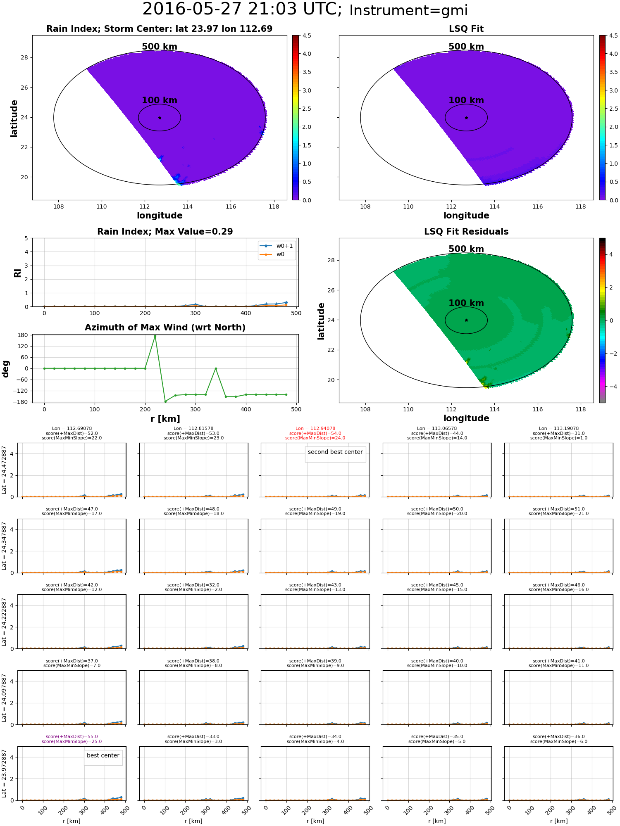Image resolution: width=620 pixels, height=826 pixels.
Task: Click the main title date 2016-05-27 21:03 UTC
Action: (x=242, y=9)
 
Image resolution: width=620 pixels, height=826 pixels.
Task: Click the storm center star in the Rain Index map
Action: (x=160, y=118)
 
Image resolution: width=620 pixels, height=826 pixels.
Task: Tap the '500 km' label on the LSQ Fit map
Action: (x=466, y=47)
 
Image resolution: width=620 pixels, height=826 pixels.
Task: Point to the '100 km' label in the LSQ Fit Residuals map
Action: (x=466, y=303)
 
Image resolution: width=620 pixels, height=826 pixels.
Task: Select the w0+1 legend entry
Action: (x=277, y=246)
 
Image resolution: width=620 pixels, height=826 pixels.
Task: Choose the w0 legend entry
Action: (x=272, y=254)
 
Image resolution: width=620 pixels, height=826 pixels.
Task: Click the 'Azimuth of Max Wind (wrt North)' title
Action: (x=165, y=328)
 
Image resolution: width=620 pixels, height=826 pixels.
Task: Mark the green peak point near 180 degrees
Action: (x=155, y=336)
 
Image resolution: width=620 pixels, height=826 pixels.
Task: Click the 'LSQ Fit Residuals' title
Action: (x=466, y=232)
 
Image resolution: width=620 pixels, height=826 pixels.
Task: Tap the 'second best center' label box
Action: (x=335, y=452)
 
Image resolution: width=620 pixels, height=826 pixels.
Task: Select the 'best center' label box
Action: (x=103, y=756)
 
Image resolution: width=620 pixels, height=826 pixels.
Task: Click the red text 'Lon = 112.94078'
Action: (x=315, y=429)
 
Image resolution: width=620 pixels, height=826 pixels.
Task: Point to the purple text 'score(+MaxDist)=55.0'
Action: (x=72, y=737)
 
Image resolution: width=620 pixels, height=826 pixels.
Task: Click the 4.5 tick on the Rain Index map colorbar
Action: (x=307, y=36)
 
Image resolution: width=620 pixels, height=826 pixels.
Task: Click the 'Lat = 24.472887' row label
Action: (x=4, y=470)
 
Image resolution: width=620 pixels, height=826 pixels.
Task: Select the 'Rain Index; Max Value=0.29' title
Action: (x=165, y=232)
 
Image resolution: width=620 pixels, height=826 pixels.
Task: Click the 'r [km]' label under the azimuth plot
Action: (x=165, y=419)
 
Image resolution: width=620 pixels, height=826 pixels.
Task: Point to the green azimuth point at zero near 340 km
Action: (x=216, y=368)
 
